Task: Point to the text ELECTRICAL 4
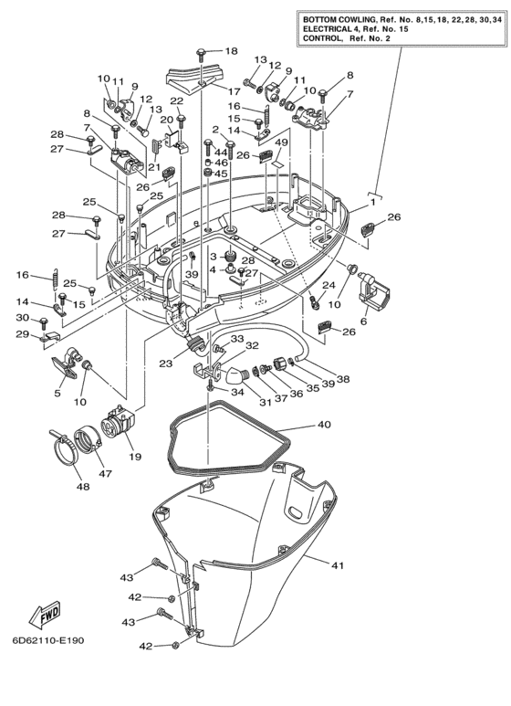coord(339,29)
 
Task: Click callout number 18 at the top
coord(231,51)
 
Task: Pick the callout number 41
coord(338,566)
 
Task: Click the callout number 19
coord(137,457)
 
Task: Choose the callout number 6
coord(363,321)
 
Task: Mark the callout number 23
coord(165,364)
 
